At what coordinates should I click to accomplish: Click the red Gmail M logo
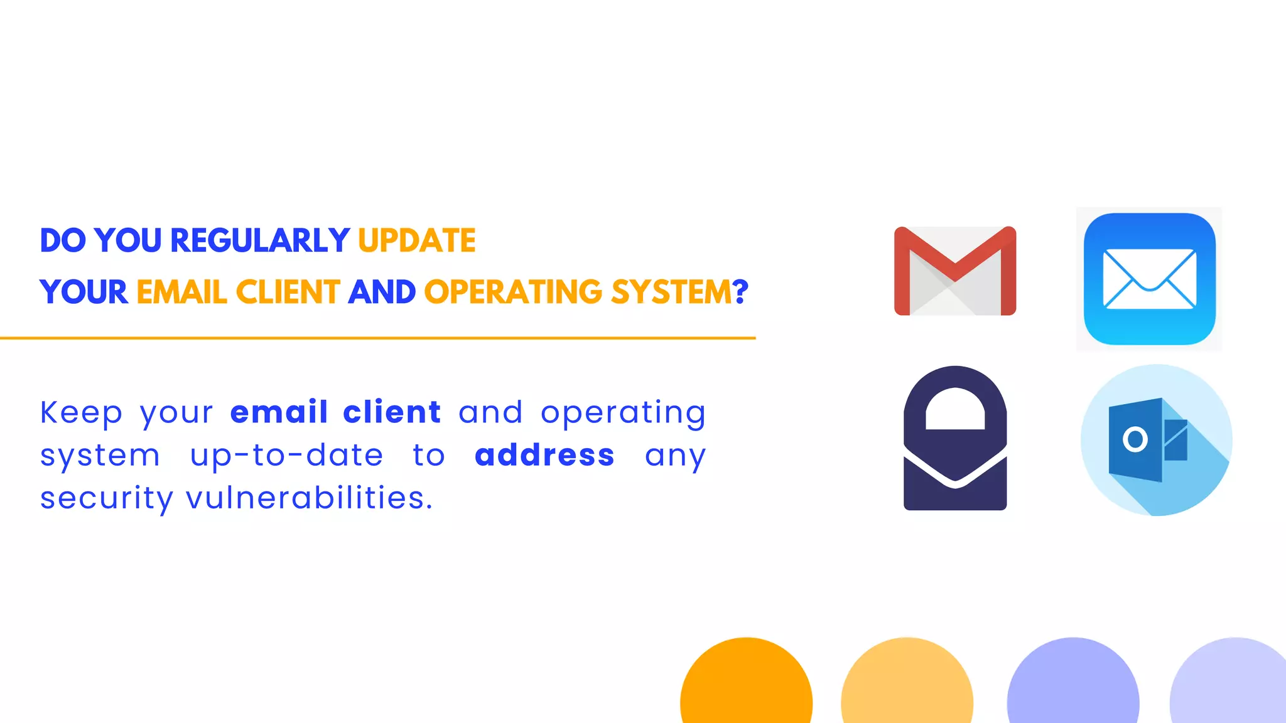coord(954,271)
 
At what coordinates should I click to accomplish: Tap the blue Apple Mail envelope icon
coord(1149,279)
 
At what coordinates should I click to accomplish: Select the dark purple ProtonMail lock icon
coord(954,438)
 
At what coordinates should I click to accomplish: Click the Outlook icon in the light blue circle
coord(1155,440)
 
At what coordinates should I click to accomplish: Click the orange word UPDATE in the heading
coord(416,241)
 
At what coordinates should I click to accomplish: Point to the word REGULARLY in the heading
coord(259,241)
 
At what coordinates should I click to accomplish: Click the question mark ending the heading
coord(741,292)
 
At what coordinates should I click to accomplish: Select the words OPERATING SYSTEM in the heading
coord(578,292)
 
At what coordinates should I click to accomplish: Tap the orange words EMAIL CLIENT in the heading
coord(238,292)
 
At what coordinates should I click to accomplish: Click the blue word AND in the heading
coord(382,292)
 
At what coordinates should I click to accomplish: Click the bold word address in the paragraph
coord(544,456)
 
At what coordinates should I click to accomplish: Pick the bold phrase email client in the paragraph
coord(335,413)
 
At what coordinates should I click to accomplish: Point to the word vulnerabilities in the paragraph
coord(309,498)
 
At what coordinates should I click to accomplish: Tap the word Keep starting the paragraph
coord(81,414)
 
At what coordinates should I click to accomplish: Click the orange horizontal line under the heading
coord(377,338)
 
